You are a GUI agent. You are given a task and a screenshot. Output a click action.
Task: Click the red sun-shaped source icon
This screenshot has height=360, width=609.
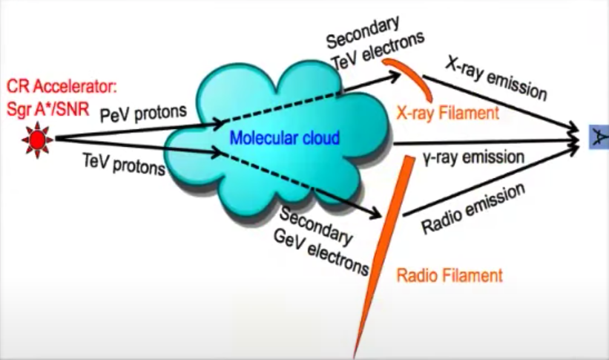point(37,140)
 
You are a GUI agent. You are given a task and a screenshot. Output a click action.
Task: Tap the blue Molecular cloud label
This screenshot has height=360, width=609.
point(285,138)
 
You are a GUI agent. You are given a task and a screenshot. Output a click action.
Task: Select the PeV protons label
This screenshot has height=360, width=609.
point(143,113)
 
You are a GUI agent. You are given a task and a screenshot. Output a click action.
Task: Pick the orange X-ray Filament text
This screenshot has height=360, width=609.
point(447,113)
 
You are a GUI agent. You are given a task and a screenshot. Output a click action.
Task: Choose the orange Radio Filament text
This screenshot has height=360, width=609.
point(450,275)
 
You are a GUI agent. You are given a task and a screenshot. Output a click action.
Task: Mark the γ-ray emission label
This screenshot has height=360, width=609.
point(474,157)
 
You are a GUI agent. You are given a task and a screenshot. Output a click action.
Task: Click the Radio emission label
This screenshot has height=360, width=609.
point(473,209)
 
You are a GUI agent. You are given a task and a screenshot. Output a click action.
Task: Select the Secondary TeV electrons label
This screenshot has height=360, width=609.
point(375,42)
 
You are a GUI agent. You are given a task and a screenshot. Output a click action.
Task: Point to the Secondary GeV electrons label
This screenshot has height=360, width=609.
point(320,241)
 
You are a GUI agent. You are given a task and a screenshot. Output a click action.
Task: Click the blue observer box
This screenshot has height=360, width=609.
point(599,137)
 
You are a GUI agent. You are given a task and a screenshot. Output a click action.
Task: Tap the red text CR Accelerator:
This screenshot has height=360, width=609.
point(62,86)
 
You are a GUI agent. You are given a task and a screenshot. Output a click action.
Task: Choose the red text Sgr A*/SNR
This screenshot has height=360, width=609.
point(47,109)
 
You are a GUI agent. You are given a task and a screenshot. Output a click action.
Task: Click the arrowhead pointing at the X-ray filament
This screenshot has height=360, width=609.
point(393,76)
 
